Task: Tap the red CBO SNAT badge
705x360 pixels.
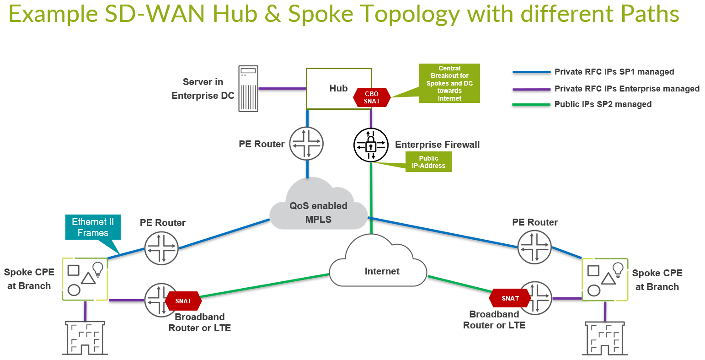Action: pos(372,97)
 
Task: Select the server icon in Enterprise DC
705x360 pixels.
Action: pos(248,89)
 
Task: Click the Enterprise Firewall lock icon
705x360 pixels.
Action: pos(371,145)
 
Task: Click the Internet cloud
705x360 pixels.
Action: pos(382,268)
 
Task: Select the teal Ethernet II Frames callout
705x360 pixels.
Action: pos(93,227)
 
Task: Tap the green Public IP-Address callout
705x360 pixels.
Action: pos(428,162)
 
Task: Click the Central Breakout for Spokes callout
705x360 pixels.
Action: pos(449,83)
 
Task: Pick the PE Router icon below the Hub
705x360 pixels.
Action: pos(306,144)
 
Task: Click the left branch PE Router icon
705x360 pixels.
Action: pos(161,248)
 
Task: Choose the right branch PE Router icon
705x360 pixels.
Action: pos(534,247)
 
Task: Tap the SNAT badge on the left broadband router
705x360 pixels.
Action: pos(183,301)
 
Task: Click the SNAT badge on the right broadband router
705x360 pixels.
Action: pos(510,298)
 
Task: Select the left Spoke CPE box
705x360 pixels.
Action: pos(85,279)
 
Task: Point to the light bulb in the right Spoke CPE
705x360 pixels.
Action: pos(618,269)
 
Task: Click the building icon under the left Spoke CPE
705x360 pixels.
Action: pos(85,338)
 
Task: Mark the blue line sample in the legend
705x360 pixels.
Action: pos(531,72)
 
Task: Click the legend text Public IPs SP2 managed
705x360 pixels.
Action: pos(603,104)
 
